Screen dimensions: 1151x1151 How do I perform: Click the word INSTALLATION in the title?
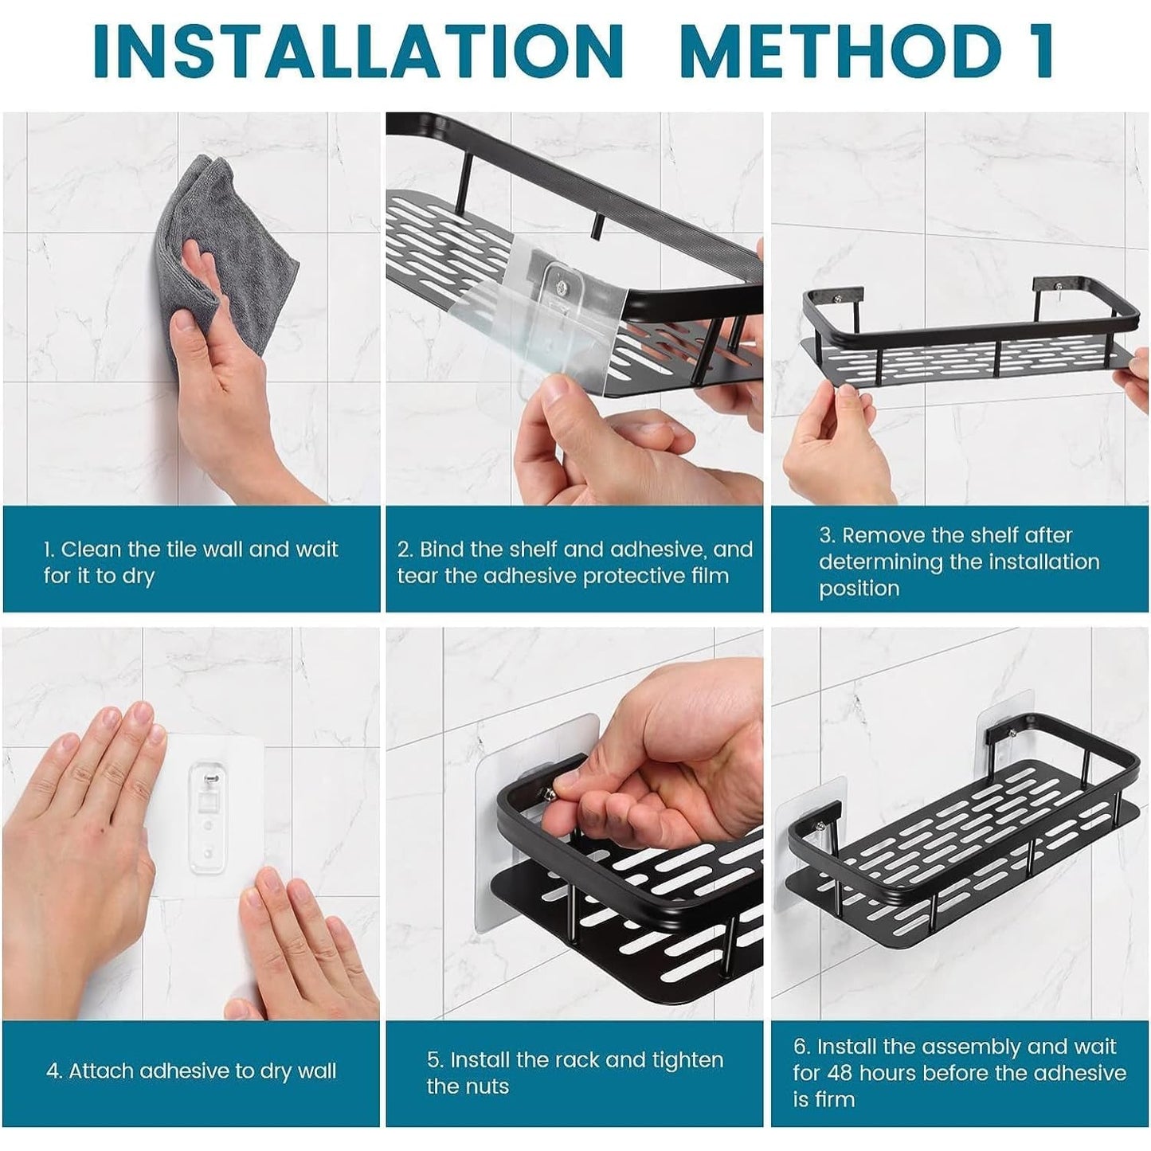[x=359, y=53]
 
